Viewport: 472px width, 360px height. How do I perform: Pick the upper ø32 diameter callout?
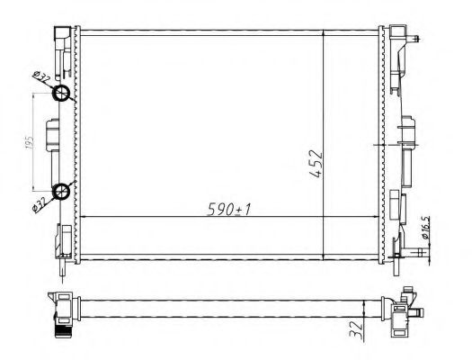[40, 79]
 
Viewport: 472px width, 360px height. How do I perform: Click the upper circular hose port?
[61, 95]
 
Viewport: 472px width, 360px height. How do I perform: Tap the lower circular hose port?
[61, 190]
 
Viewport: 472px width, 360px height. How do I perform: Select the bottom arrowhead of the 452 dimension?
[324, 257]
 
